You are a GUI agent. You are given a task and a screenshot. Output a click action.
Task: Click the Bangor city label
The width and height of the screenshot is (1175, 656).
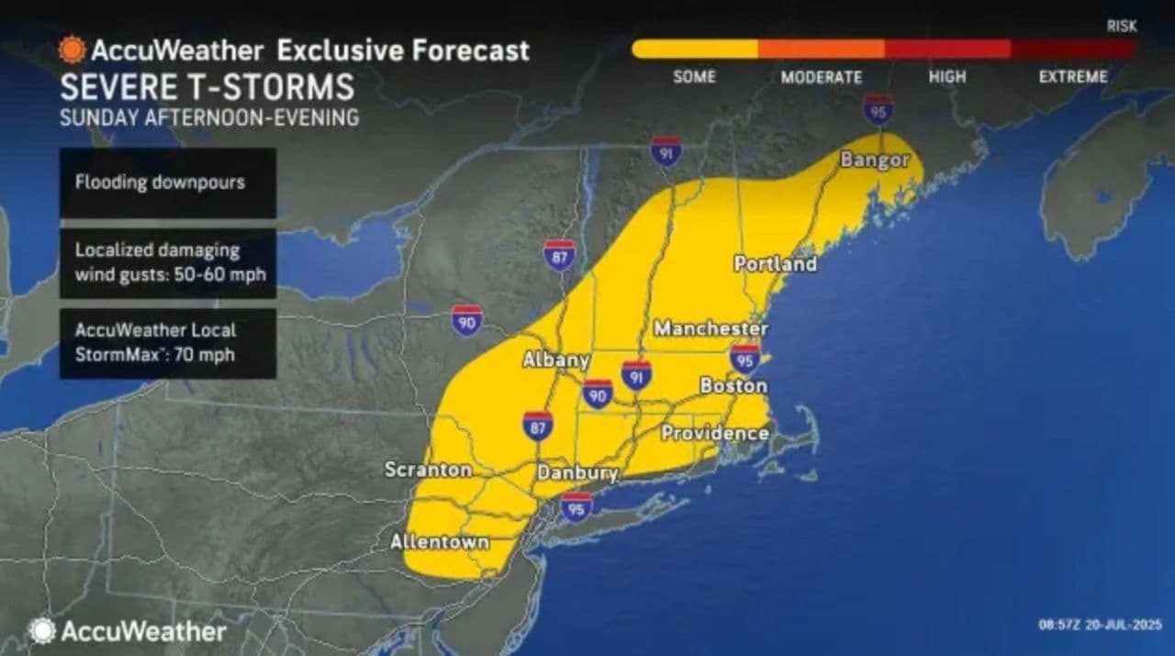coord(874,161)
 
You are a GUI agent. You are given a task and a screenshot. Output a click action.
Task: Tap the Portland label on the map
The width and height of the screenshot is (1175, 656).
coord(775,264)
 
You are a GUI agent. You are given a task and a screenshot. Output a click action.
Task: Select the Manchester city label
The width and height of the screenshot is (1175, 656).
coord(711,328)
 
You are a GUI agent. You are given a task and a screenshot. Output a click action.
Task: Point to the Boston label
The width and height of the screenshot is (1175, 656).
coord(733,386)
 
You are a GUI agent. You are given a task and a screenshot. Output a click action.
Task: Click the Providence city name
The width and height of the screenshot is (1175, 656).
coord(714,433)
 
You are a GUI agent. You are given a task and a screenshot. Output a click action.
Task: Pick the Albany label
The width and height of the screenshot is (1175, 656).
coord(554,361)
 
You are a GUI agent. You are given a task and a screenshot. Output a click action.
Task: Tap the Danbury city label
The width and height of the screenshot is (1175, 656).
coord(576,473)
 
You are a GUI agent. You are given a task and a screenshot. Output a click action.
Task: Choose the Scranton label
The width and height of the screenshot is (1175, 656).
coord(428,470)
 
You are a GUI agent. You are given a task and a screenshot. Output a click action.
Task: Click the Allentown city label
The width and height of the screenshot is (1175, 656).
coord(439,542)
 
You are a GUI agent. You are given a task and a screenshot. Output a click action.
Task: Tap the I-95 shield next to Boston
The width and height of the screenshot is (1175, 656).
coord(744,359)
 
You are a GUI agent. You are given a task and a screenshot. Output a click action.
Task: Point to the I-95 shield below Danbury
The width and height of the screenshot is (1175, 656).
coord(576,506)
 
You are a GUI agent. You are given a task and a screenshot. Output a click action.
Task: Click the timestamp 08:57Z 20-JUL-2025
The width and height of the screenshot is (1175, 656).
coord(1099,625)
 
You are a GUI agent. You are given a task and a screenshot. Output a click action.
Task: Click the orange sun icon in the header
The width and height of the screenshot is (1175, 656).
coord(72,50)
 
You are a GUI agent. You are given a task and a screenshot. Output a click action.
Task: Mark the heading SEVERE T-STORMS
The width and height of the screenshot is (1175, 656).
coord(207,87)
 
